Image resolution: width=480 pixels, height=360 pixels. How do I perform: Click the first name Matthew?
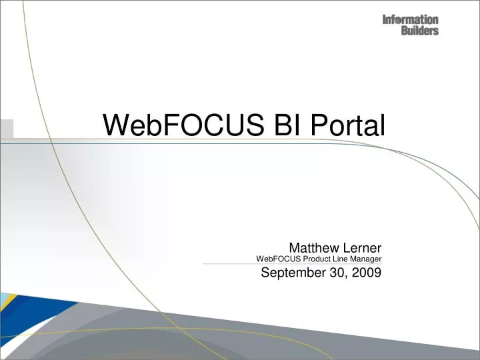313,247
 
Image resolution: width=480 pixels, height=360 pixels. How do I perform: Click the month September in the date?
291,272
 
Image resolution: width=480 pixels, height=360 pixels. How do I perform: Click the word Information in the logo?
410,20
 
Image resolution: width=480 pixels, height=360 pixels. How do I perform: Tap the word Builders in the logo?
419,31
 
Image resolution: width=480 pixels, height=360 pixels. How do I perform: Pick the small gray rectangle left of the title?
6,129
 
